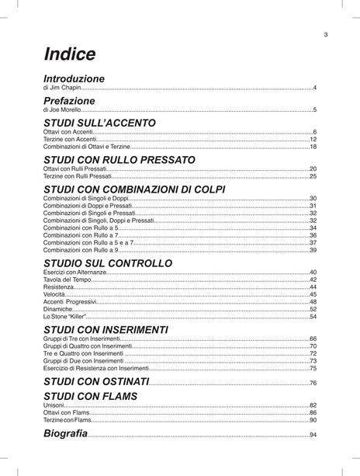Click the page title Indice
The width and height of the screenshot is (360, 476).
click(x=70, y=54)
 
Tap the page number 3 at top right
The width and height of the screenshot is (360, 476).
click(x=326, y=34)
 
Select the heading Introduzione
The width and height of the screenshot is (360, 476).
click(x=74, y=79)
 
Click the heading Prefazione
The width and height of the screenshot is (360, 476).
click(x=69, y=101)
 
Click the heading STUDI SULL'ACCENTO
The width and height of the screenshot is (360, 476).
click(x=99, y=123)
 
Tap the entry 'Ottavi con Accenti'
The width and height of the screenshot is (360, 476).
click(x=69, y=133)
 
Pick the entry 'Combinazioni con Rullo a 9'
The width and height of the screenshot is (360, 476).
click(x=81, y=250)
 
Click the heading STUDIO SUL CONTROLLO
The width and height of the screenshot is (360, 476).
click(x=108, y=264)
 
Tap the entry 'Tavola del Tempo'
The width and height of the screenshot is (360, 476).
click(x=67, y=280)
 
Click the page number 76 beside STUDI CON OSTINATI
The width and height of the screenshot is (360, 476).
click(x=313, y=383)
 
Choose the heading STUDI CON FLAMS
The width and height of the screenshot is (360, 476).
click(x=90, y=396)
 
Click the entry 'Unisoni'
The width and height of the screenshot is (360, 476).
click(x=54, y=405)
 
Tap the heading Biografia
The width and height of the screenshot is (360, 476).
click(x=65, y=433)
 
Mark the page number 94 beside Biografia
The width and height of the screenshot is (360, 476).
click(x=313, y=435)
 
